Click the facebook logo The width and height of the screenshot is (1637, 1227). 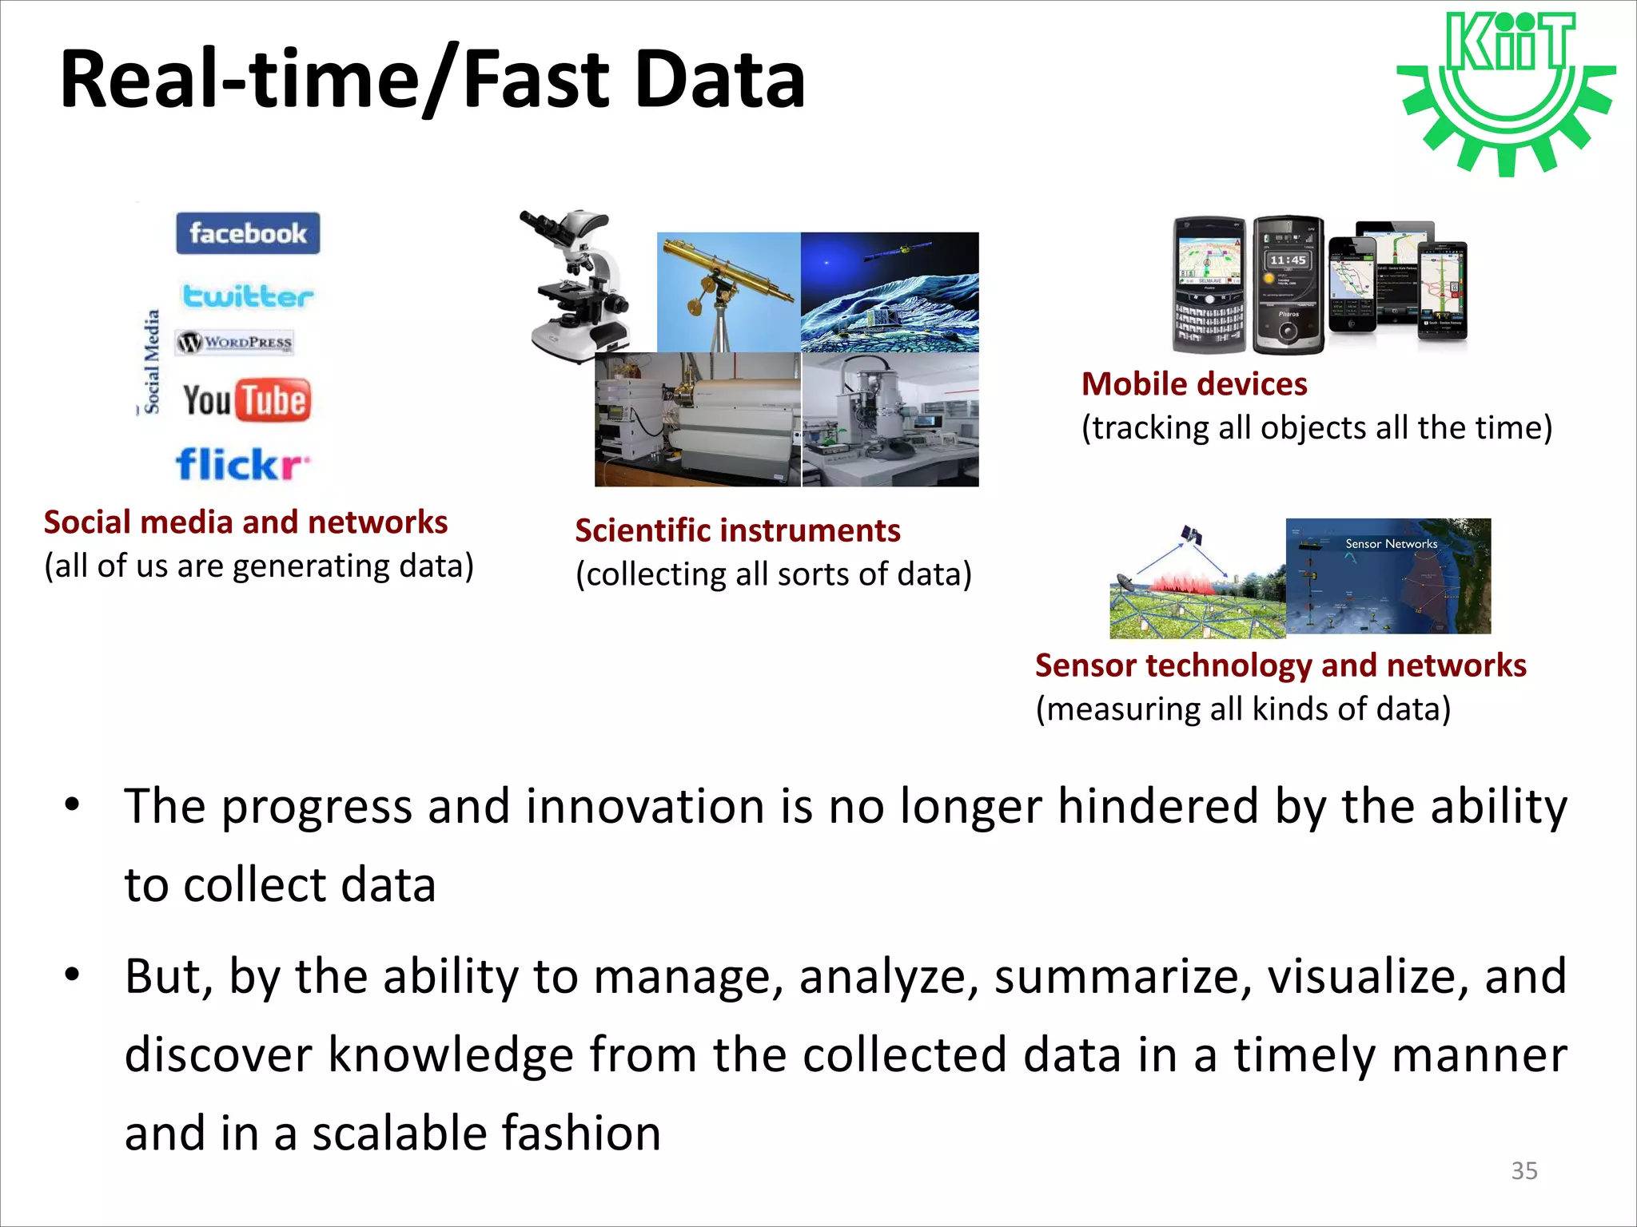(x=248, y=233)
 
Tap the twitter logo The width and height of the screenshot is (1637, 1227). (x=248, y=296)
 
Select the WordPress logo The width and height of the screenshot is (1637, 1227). (x=235, y=343)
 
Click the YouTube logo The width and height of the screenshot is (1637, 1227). (x=246, y=400)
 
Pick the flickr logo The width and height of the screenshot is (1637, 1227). (x=242, y=464)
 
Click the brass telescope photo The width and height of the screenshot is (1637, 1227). (x=728, y=292)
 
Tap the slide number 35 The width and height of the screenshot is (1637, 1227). (x=1523, y=1170)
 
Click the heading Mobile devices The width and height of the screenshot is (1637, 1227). (x=1194, y=384)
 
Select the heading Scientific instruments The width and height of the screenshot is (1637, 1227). (x=737, y=530)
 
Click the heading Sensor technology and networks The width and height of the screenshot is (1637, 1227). (x=1280, y=665)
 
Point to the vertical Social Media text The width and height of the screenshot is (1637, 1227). (x=151, y=361)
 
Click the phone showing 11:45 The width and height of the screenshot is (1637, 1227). (x=1287, y=284)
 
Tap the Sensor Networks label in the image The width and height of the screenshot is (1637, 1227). (x=1391, y=544)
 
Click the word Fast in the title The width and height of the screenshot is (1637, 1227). (x=536, y=80)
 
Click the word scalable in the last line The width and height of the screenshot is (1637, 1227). (x=399, y=1133)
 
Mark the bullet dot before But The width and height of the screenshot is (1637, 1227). (x=73, y=975)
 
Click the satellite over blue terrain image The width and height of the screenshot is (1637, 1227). (x=889, y=292)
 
